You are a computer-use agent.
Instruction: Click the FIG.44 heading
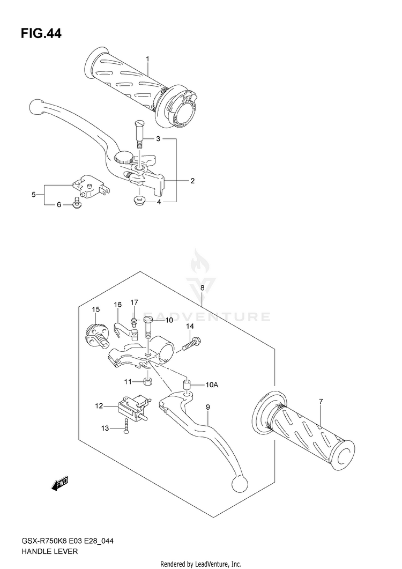[x=41, y=34]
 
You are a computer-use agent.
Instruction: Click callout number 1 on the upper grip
[x=147, y=59]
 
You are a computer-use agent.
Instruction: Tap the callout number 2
[x=192, y=181]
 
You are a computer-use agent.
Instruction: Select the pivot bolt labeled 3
[x=138, y=132]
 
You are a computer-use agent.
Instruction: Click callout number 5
[x=33, y=195]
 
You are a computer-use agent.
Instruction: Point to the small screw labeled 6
[x=77, y=203]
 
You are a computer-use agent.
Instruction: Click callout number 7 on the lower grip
[x=321, y=402]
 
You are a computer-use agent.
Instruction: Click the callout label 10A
[x=212, y=385]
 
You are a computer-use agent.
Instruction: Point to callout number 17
[x=134, y=302]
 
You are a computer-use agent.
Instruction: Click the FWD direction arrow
[x=59, y=484]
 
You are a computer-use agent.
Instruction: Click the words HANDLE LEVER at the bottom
[x=50, y=551]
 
